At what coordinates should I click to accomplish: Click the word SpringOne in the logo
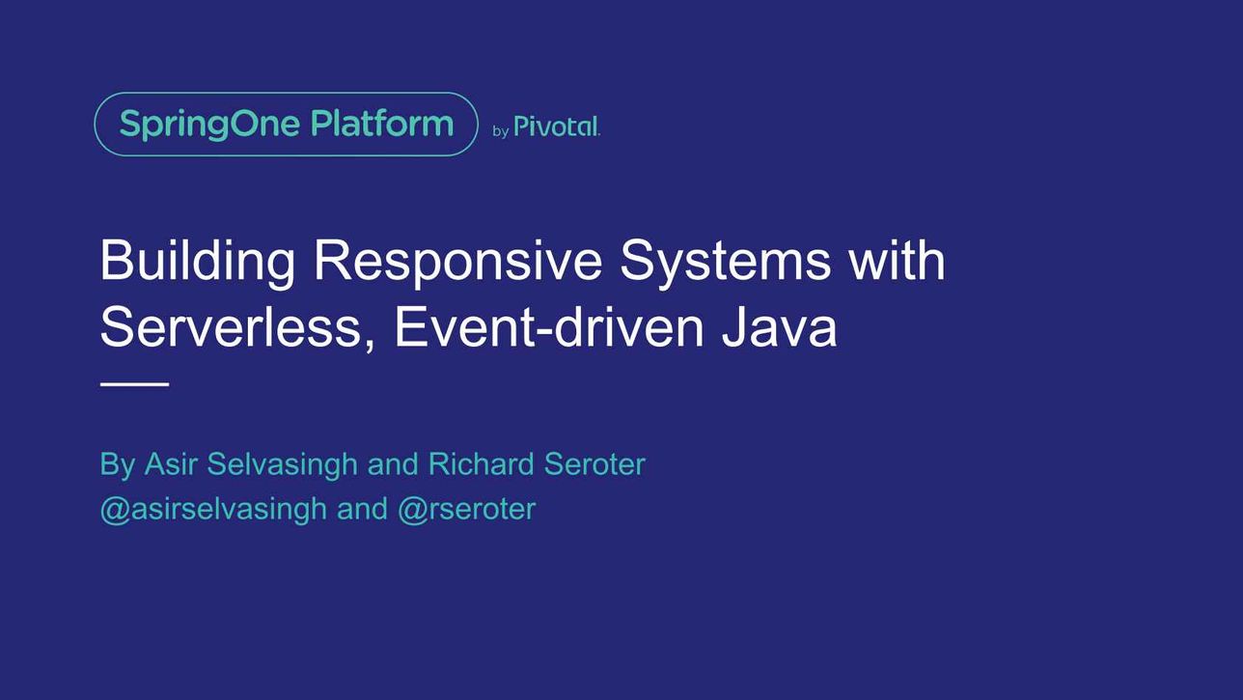coord(209,125)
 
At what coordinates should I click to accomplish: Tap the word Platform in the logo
coord(382,123)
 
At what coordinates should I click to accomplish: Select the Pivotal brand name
coord(557,126)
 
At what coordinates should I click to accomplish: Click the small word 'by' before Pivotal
coord(501,131)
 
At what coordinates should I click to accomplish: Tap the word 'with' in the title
coord(898,260)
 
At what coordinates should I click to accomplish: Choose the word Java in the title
coord(779,327)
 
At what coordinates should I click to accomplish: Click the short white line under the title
coord(134,383)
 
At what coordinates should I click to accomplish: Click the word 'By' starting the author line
coord(117,465)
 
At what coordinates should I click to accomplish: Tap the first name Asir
coord(171,463)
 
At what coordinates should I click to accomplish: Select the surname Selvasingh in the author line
coord(282,465)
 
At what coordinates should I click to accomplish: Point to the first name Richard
coord(482,463)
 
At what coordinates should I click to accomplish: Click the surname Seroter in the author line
coord(594,464)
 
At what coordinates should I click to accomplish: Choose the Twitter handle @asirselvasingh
coord(213,510)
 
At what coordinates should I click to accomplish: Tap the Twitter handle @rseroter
coord(467,510)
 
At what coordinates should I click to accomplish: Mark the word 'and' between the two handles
coord(362,509)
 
